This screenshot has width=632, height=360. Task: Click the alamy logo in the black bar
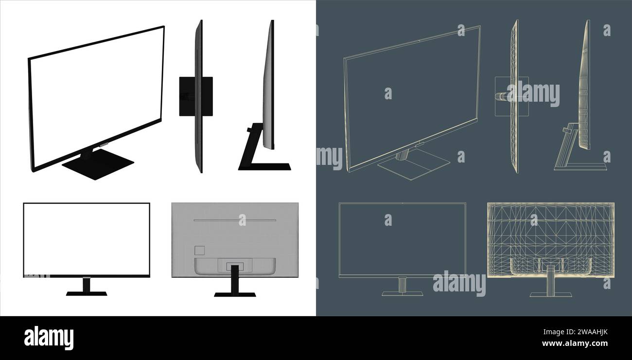click(49, 338)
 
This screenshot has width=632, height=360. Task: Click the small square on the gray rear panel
click(199, 251)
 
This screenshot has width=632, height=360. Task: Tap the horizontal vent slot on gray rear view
click(235, 220)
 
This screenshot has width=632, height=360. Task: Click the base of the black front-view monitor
click(87, 294)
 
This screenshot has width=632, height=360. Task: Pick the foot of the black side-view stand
click(265, 167)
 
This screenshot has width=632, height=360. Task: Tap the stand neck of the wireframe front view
click(402, 285)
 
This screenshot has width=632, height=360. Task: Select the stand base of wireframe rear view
click(550, 294)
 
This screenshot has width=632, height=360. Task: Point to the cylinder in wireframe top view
click(501, 96)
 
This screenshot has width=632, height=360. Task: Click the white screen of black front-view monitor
click(87, 238)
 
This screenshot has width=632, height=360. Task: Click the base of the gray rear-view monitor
click(235, 294)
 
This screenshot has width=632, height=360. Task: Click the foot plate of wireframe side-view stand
click(581, 167)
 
